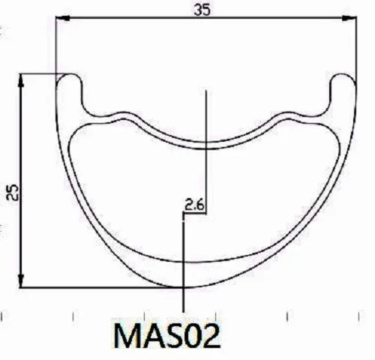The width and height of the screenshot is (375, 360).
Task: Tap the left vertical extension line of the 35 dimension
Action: [56, 45]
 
